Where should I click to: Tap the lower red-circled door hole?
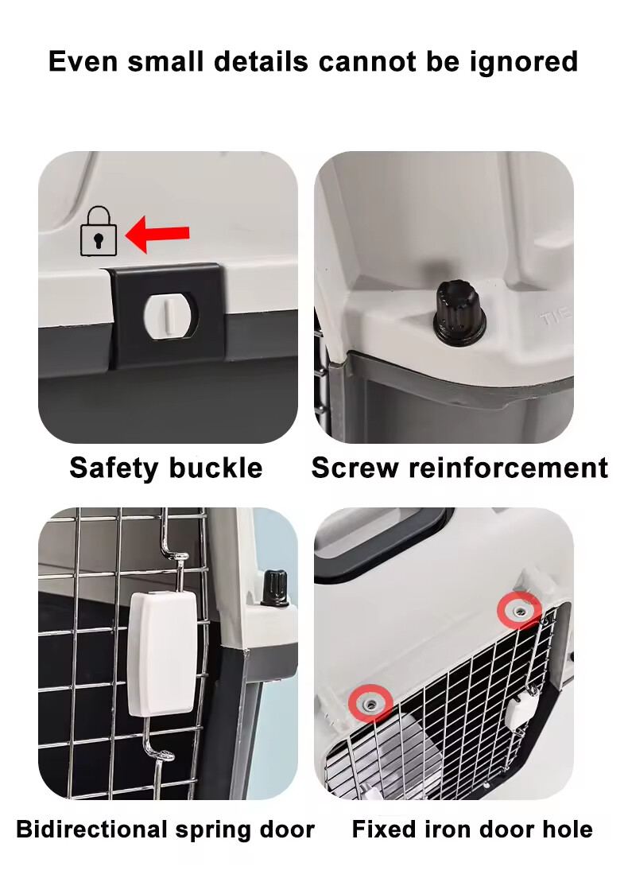pos(370,702)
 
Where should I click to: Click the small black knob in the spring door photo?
pos(276,588)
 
